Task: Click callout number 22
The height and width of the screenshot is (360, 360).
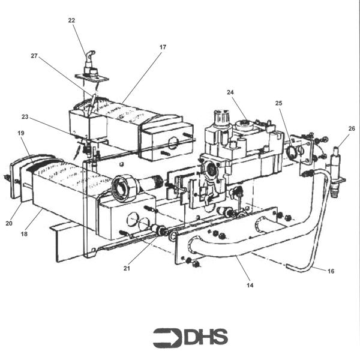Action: [x=71, y=20]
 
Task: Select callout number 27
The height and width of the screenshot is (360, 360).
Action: [x=34, y=56]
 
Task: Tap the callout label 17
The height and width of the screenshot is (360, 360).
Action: [x=163, y=47]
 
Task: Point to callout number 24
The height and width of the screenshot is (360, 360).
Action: [x=230, y=92]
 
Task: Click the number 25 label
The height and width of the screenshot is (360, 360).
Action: [x=279, y=104]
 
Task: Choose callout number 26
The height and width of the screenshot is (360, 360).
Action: [x=352, y=128]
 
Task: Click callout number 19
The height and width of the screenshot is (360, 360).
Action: [x=20, y=133]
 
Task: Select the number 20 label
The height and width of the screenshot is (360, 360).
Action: [x=8, y=223]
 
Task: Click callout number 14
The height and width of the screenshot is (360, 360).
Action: [x=250, y=285]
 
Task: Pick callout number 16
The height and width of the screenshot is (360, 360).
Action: [x=330, y=271]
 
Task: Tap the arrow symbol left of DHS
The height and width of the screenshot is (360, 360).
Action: [x=167, y=337]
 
